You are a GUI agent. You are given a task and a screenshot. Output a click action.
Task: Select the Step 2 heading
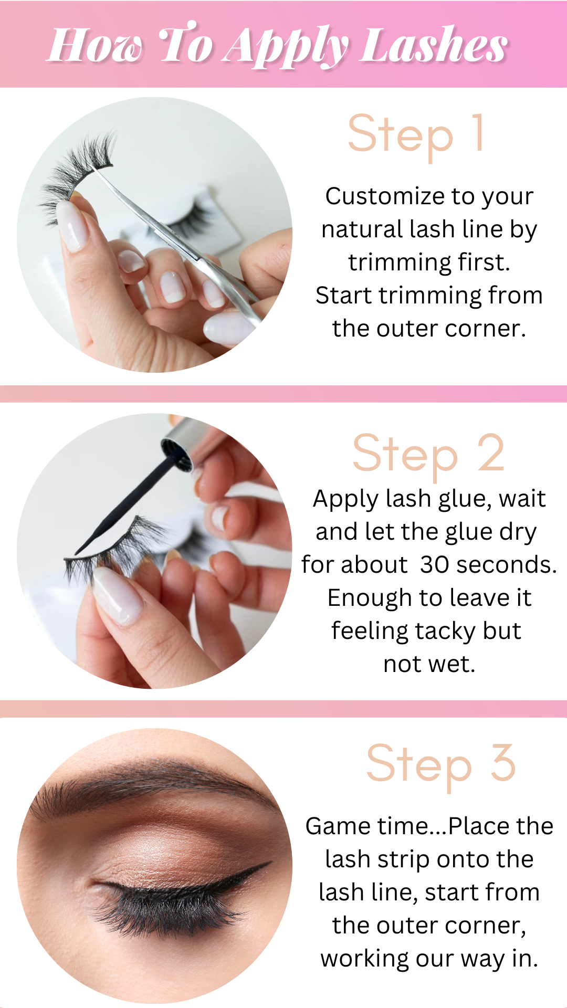tap(428, 455)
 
